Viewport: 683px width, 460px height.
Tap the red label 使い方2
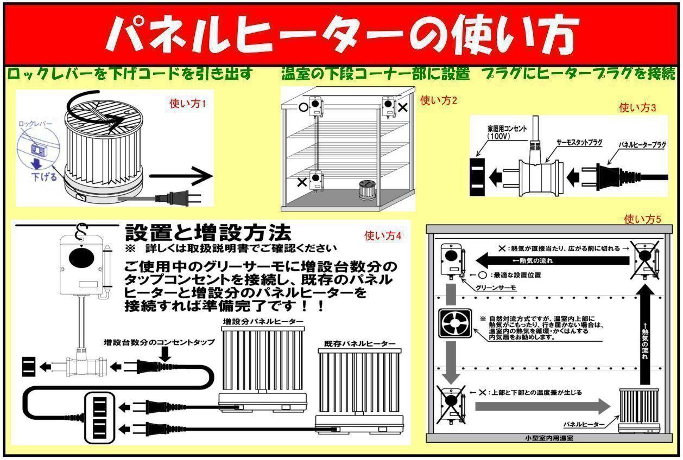(x=439, y=100)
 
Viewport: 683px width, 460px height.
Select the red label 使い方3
(x=637, y=107)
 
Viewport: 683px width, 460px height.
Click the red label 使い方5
(x=643, y=219)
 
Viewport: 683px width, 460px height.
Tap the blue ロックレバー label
(x=35, y=124)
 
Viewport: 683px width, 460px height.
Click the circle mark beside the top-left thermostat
(x=302, y=107)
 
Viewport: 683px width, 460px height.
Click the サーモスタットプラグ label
(x=579, y=142)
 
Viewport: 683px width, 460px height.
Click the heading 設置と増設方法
(x=208, y=233)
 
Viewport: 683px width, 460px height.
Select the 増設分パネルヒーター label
(x=263, y=322)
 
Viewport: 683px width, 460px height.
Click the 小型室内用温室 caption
(x=549, y=437)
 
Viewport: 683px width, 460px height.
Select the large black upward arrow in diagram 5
(x=644, y=336)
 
